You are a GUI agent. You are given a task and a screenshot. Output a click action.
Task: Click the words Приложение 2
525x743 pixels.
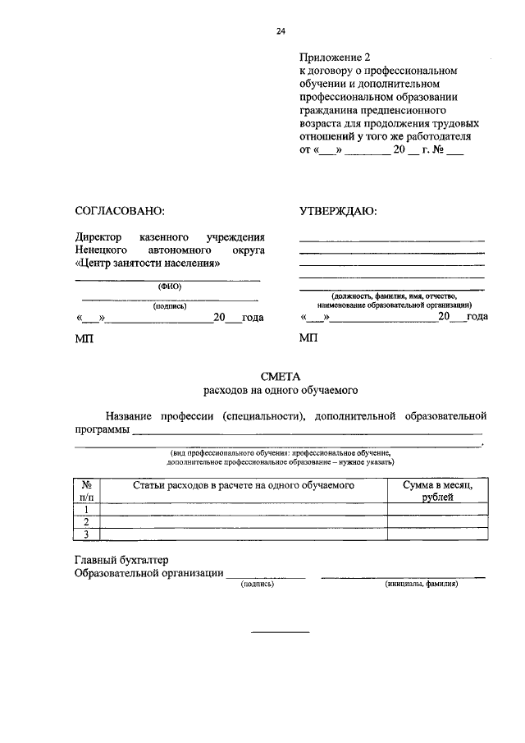(335, 57)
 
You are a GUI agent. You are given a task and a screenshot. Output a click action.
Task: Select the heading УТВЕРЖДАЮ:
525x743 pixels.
(338, 211)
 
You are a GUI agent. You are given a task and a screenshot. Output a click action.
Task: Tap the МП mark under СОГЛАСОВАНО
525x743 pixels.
(84, 338)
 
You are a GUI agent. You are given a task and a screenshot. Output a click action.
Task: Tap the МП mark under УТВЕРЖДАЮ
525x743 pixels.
(308, 338)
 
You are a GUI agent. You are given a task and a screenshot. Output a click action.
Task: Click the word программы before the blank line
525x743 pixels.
(102, 429)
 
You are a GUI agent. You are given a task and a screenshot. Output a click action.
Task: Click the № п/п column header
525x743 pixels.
(86, 491)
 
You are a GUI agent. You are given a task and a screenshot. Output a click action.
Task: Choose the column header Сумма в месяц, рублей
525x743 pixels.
(436, 491)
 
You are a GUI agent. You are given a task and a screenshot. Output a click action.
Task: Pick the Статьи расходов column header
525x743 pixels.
(243, 485)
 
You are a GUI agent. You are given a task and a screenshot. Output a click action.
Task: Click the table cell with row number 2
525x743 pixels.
(86, 521)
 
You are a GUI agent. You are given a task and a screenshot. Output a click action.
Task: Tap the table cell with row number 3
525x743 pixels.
(86, 534)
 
